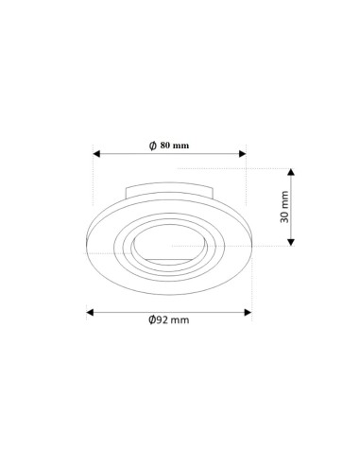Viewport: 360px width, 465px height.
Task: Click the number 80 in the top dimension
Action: tap(164, 146)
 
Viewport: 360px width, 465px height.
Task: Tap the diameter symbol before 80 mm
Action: tap(153, 146)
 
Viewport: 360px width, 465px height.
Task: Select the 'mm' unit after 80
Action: tap(180, 146)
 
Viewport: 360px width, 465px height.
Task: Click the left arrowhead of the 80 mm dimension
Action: tap(96, 154)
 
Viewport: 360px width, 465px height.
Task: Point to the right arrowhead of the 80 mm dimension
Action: tap(243, 154)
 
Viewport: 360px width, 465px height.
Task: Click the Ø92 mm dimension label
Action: tap(169, 319)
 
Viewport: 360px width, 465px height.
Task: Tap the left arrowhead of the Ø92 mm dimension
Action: tap(90, 313)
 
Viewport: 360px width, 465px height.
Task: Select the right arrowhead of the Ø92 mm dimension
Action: tap(248, 313)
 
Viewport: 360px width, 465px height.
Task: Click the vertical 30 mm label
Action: tap(284, 206)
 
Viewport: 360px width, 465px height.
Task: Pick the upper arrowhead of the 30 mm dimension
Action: tap(291, 172)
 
